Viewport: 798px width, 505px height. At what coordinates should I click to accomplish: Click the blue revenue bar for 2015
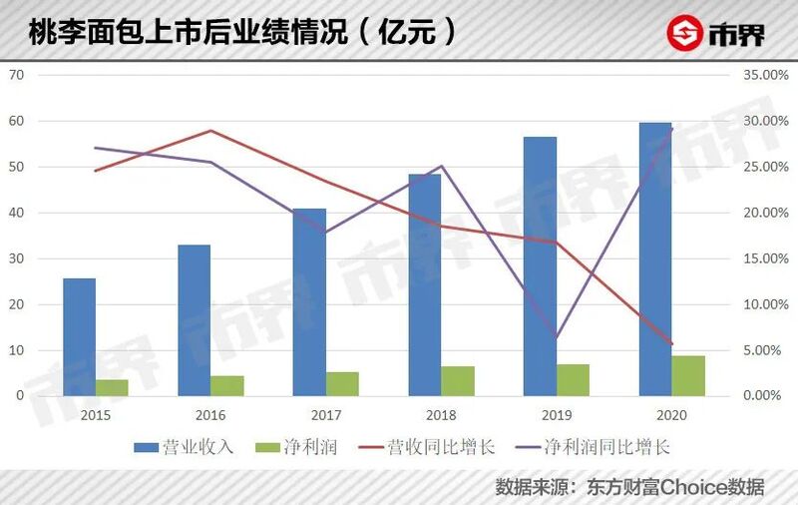[80, 336]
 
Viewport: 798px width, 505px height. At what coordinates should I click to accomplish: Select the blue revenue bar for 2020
[655, 258]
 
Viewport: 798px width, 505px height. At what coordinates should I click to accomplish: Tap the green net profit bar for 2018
[459, 380]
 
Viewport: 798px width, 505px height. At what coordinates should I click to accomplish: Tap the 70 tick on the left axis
[17, 75]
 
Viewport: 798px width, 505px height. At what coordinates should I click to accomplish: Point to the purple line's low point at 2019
[557, 337]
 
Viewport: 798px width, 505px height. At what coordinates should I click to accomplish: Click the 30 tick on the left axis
[17, 258]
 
